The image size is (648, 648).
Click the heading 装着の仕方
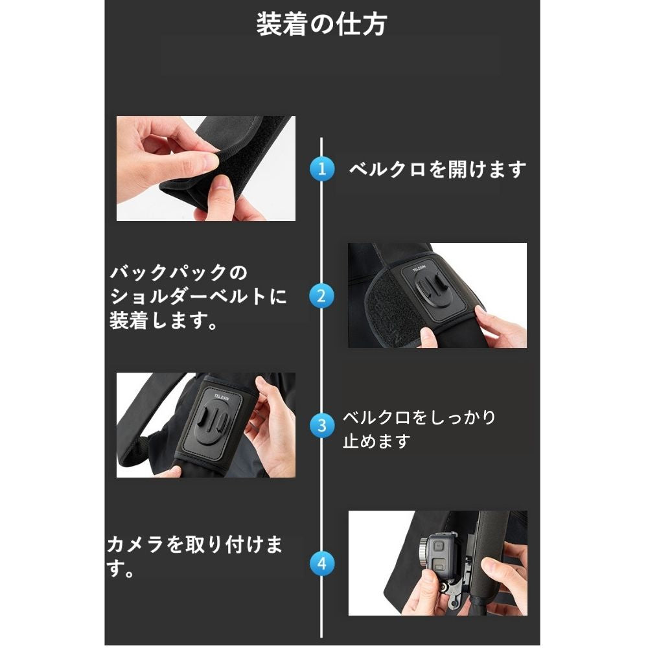click(321, 24)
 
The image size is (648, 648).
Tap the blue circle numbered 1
click(322, 168)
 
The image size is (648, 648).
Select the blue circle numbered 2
click(321, 296)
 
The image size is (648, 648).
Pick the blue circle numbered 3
click(322, 426)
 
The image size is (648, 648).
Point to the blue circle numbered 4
click(322, 564)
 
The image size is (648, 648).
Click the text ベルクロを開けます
click(437, 169)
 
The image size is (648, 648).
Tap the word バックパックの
click(179, 272)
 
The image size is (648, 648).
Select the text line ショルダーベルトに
click(198, 296)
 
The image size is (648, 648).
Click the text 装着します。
click(163, 321)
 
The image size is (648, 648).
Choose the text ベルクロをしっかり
click(419, 417)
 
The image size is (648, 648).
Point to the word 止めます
click(376, 441)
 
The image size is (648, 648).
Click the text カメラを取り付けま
click(194, 544)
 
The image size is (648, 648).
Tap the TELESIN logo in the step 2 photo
click(419, 269)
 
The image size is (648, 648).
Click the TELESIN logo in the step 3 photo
click(221, 397)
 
